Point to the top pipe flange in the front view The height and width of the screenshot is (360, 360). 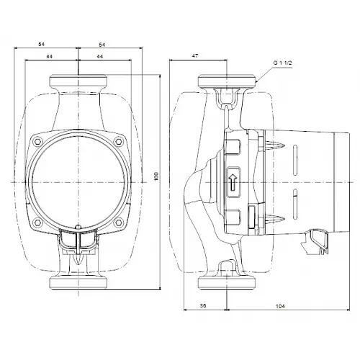78,81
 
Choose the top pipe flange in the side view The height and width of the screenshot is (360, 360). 228,81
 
